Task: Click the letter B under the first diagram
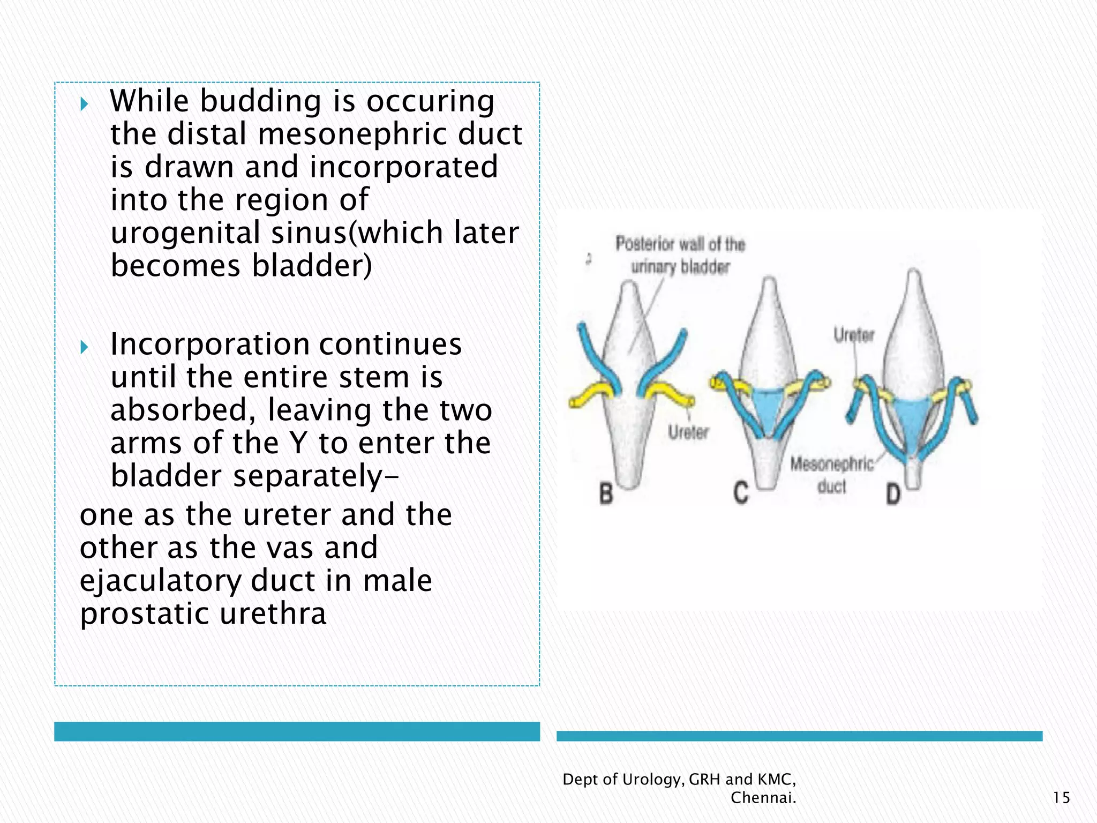click(606, 493)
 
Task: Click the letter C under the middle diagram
click(741, 493)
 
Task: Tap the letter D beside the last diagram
click(893, 494)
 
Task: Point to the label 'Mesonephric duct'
click(832, 474)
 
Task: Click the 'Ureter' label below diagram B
click(688, 432)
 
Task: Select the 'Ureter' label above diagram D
click(854, 335)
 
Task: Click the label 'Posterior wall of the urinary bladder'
click(680, 255)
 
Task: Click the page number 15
click(1061, 798)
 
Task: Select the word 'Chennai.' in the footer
click(763, 798)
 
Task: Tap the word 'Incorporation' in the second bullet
click(209, 344)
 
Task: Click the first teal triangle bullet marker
click(84, 103)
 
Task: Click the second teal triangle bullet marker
click(84, 347)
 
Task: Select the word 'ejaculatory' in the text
click(160, 581)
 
